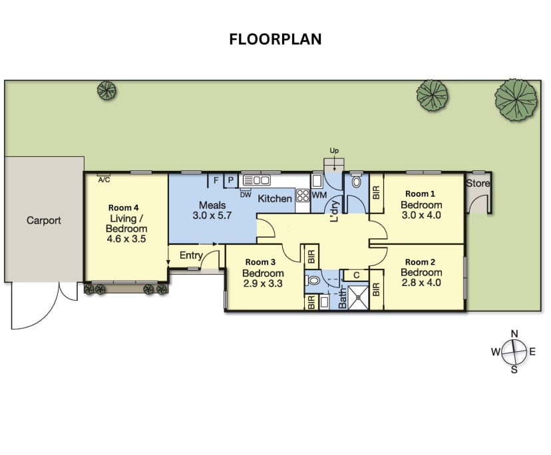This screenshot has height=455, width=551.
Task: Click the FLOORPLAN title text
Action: pyautogui.click(x=275, y=39)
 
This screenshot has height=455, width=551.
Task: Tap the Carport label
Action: pyautogui.click(x=44, y=220)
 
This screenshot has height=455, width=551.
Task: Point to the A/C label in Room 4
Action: pyautogui.click(x=104, y=180)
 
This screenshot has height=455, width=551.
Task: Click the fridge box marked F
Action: pyautogui.click(x=216, y=180)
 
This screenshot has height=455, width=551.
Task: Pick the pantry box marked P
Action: pyautogui.click(x=230, y=180)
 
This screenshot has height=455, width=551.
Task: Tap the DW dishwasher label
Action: pyautogui.click(x=246, y=194)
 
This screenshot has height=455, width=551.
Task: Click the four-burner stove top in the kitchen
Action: pyautogui.click(x=303, y=196)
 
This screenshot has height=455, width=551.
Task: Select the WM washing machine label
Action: pyautogui.click(x=319, y=196)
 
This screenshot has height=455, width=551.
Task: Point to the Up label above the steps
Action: pyautogui.click(x=334, y=152)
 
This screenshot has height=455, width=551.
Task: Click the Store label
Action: pyautogui.click(x=477, y=184)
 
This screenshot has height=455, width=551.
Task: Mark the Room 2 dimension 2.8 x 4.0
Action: pyautogui.click(x=422, y=283)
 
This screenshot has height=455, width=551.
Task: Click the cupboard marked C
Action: pyautogui.click(x=356, y=275)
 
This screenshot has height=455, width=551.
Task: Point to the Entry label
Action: pyautogui.click(x=191, y=255)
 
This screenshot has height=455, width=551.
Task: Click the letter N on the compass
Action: pyautogui.click(x=514, y=333)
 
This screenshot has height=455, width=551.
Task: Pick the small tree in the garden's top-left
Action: pyautogui.click(x=106, y=90)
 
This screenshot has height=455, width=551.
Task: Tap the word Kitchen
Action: pyautogui.click(x=275, y=198)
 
